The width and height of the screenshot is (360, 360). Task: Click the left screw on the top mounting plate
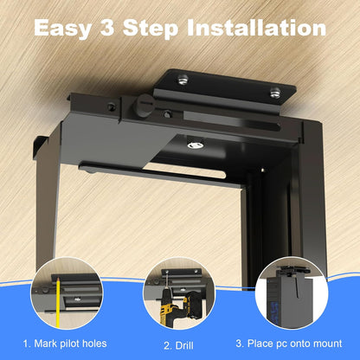click(x=183, y=80)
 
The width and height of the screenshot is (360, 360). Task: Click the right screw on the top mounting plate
click(x=274, y=92)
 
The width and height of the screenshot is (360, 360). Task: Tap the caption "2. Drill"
click(x=177, y=343)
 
